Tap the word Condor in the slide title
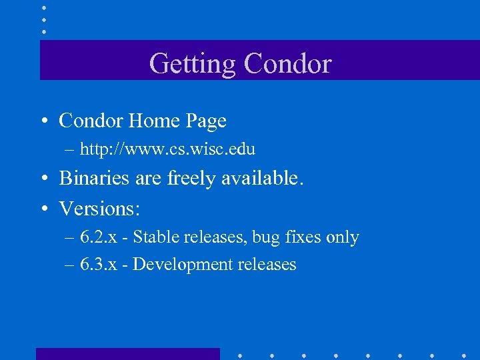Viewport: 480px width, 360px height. click(x=287, y=64)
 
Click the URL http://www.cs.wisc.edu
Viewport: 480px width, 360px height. click(x=167, y=149)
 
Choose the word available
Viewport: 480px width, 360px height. click(x=264, y=178)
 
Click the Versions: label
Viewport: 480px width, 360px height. click(x=99, y=209)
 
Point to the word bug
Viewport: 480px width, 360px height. click(x=267, y=238)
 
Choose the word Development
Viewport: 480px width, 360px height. click(x=179, y=265)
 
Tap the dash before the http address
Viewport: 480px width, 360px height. click(x=69, y=149)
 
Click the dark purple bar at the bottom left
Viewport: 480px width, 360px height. click(x=127, y=353)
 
